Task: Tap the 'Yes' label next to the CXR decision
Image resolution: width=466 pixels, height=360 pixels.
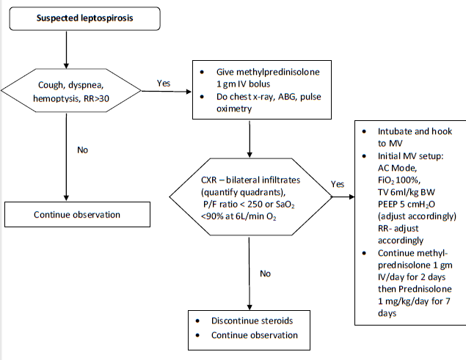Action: [x=337, y=184]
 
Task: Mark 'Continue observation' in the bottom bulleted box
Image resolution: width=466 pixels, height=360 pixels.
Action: [x=255, y=335]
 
